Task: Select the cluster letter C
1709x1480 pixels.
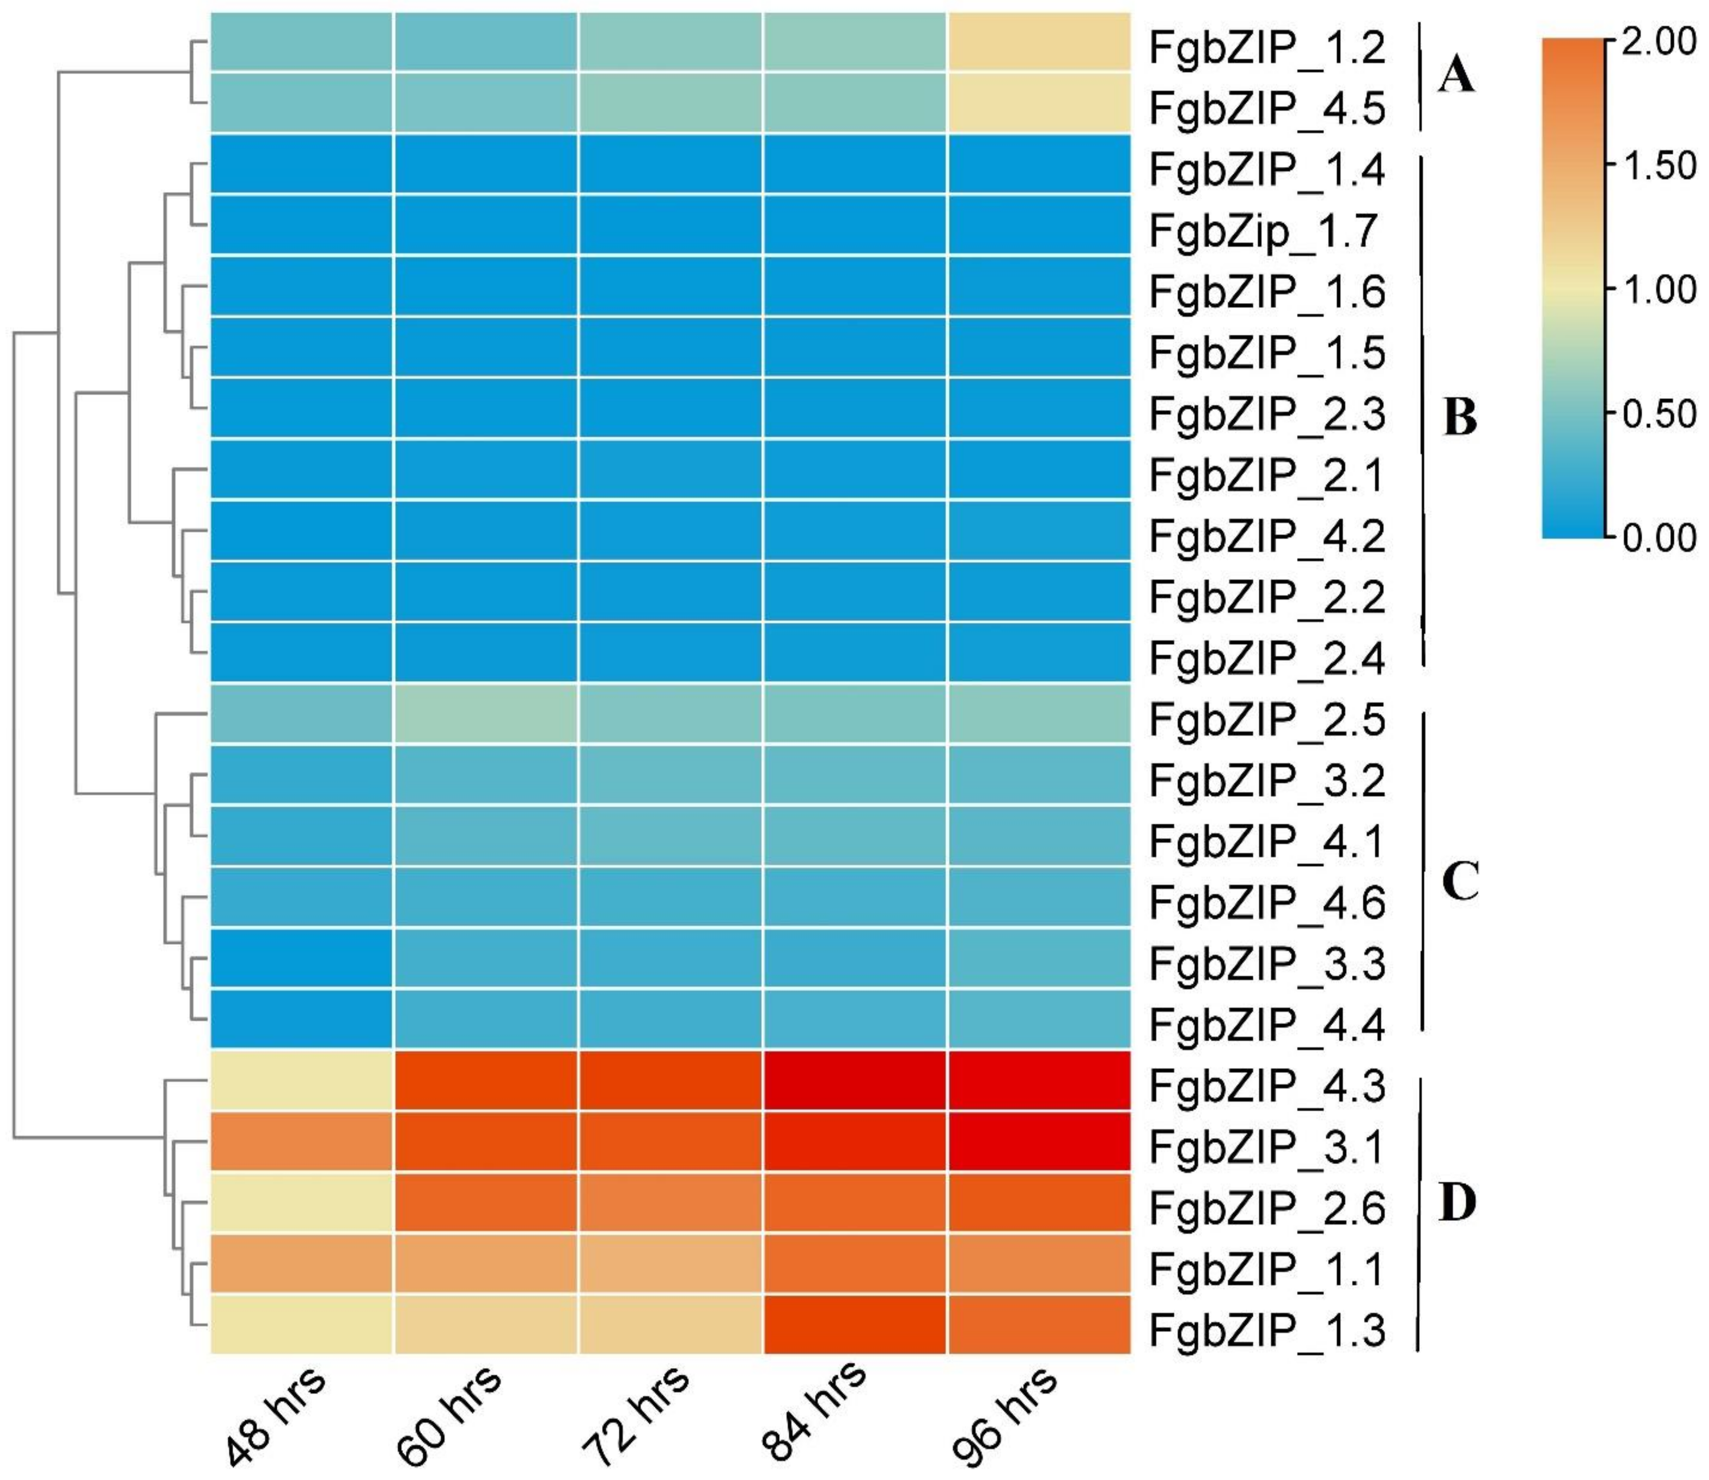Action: (x=1460, y=882)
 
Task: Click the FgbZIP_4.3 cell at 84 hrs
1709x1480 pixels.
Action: (x=854, y=1081)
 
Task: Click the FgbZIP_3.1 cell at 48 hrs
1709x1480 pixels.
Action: (x=301, y=1141)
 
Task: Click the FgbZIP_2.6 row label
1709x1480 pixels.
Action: (x=1266, y=1208)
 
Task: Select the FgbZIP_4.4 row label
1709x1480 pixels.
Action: (x=1266, y=1025)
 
